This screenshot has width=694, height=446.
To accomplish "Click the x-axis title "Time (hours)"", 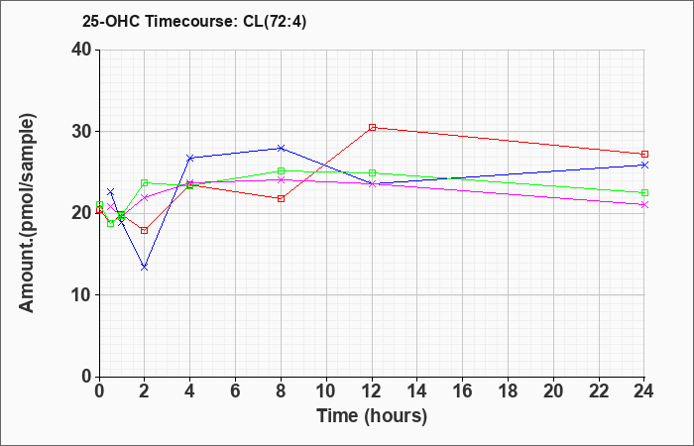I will (x=372, y=416).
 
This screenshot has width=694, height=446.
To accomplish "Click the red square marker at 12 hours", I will (x=372, y=127).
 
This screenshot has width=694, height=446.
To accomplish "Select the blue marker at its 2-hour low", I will (x=145, y=267).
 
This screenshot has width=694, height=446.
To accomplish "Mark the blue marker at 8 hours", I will (x=282, y=148).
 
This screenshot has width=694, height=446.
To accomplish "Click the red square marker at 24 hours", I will (x=644, y=154).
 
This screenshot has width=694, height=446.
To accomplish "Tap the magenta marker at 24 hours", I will (x=644, y=204).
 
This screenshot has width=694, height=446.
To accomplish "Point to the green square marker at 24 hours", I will (x=644, y=192).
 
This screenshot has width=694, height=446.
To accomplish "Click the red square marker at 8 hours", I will (x=282, y=198).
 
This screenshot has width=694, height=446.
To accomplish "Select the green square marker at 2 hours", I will (x=145, y=182).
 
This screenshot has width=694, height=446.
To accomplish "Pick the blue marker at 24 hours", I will (x=644, y=165).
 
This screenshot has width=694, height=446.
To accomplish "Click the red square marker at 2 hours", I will (x=145, y=230).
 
